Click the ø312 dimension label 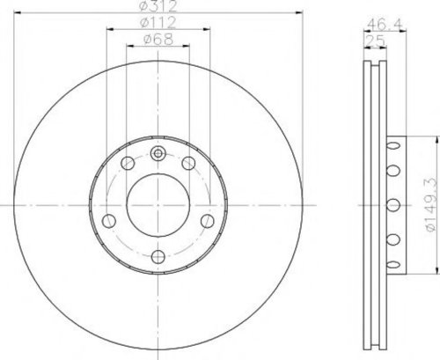click(x=158, y=6)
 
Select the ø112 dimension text click(x=158, y=22)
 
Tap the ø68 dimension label click(x=158, y=39)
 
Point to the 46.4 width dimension click(x=385, y=24)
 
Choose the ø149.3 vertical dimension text click(x=431, y=205)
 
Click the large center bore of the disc click(x=158, y=205)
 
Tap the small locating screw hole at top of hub click(x=158, y=153)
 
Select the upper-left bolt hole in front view click(x=128, y=163)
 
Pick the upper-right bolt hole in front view click(x=188, y=163)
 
